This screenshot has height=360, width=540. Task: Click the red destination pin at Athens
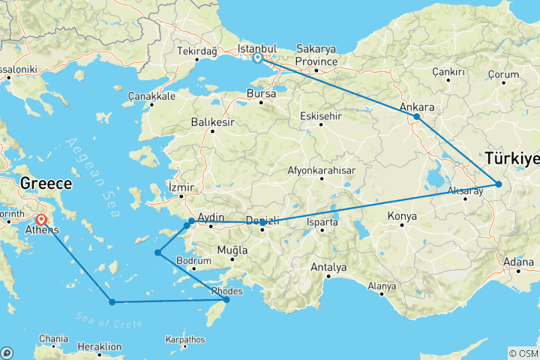tap(40, 220)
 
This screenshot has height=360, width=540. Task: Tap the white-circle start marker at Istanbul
tap(257, 58)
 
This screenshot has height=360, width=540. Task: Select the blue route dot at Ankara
tap(417, 117)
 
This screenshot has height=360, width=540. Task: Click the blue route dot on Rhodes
tap(226, 300)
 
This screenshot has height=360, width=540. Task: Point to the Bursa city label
tap(261, 94)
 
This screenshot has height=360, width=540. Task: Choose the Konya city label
tap(401, 217)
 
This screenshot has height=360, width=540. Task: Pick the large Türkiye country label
tap(512, 159)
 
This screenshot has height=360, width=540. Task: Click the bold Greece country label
tap(46, 184)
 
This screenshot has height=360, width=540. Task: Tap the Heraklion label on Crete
tap(100, 347)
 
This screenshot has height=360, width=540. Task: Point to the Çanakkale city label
tap(151, 96)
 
